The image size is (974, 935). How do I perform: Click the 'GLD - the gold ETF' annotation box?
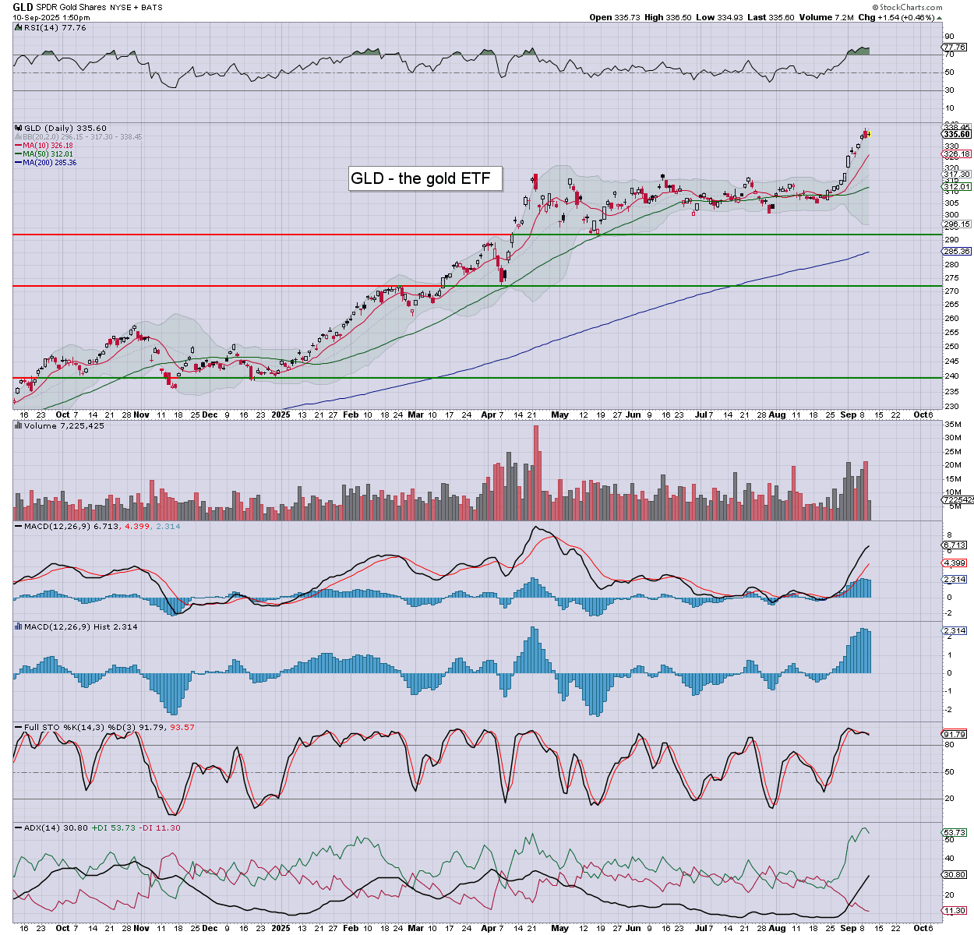pos(425,178)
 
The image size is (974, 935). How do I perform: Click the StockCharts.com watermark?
pos(907,8)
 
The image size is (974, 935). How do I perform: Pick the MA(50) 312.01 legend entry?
pos(48,154)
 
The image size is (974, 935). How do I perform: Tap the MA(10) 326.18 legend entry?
pos(48,146)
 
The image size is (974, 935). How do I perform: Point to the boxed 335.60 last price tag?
pos(957,134)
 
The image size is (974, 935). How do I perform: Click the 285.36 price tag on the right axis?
pos(957,252)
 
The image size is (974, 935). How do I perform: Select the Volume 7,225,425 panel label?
pos(61,426)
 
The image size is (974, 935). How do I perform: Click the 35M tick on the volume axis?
pos(952,425)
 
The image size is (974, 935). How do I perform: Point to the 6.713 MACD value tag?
pos(955,545)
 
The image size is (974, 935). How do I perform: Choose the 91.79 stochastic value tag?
pos(955,734)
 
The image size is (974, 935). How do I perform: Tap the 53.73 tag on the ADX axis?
pos(955,833)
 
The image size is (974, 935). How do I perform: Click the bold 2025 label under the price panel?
pos(281,415)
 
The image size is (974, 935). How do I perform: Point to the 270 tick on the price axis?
pos(951,291)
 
